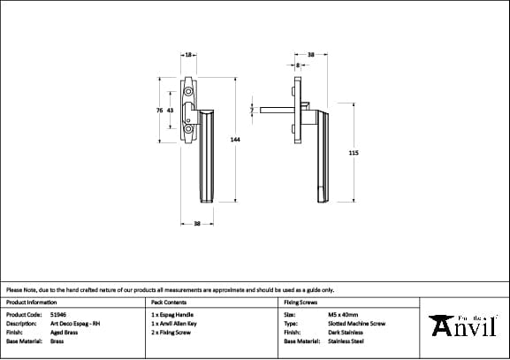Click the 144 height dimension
(x=235, y=140)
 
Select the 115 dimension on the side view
(x=354, y=153)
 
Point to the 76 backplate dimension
(x=158, y=111)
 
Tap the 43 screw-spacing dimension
(x=170, y=111)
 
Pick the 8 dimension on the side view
(x=299, y=65)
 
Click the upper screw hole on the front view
(x=187, y=92)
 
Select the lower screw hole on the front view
(x=187, y=130)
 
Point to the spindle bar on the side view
(x=276, y=111)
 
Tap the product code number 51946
(x=59, y=314)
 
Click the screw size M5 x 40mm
(x=343, y=314)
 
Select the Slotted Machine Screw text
(x=356, y=323)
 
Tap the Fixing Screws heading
(x=300, y=302)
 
